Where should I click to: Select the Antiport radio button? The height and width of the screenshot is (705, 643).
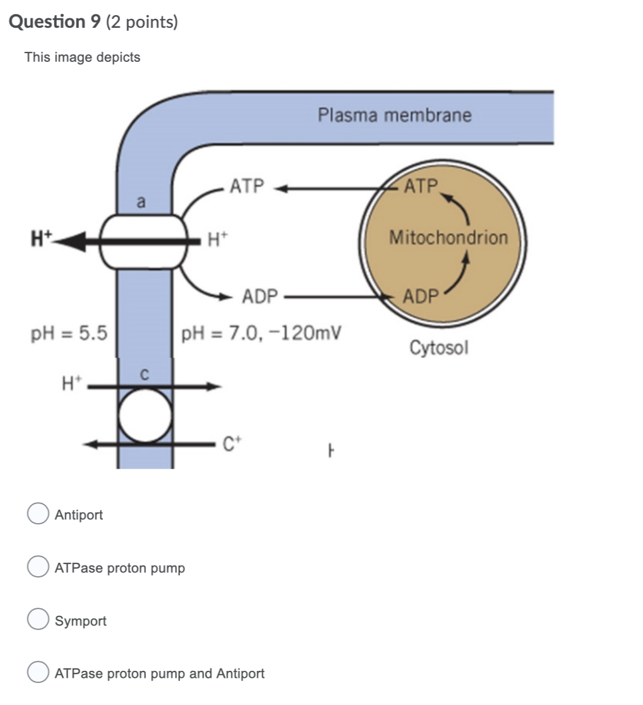(38, 514)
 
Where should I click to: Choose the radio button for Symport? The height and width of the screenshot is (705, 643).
(38, 620)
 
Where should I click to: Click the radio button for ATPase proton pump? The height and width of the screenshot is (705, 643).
(38, 567)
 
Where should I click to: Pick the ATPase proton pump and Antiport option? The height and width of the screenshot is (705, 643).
(38, 673)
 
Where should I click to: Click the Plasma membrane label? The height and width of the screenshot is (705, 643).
(394, 116)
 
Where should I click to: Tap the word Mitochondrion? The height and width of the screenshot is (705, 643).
(448, 238)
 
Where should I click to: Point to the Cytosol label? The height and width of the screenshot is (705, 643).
(439, 347)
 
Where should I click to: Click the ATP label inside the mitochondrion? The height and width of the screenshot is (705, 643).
(421, 186)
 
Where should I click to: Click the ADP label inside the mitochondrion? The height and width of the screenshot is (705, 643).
(420, 296)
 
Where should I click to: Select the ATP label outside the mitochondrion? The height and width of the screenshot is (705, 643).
(247, 186)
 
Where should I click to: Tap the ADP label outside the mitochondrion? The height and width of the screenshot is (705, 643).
(260, 296)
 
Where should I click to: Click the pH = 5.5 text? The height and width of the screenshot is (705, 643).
(69, 333)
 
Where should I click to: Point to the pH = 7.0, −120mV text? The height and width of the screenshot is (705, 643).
(261, 333)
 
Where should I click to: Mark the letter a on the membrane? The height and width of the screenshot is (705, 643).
(141, 202)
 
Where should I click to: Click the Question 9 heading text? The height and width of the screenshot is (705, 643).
(56, 22)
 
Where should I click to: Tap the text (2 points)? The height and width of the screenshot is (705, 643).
(142, 22)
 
